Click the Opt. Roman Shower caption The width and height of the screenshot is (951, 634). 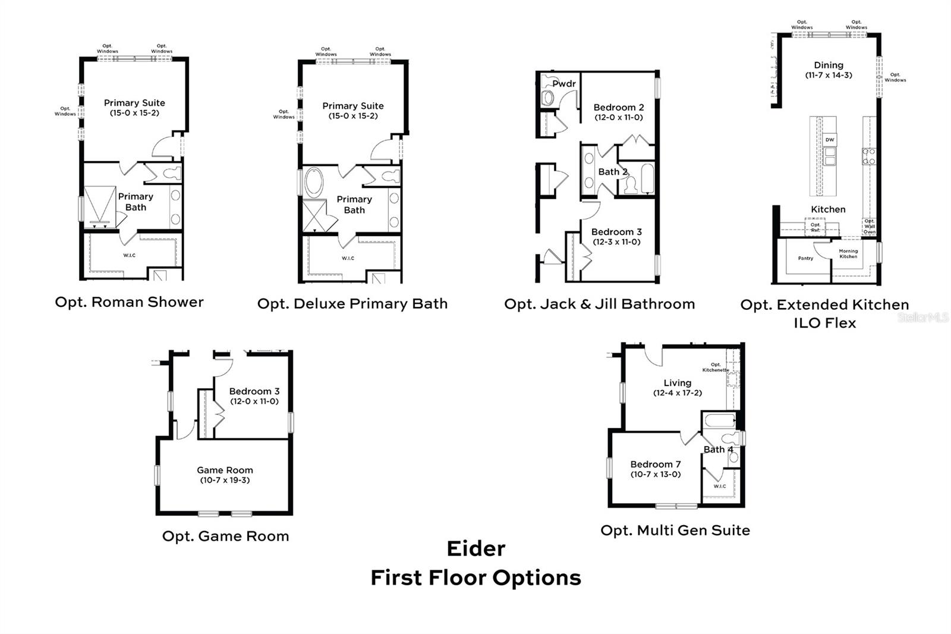(x=129, y=302)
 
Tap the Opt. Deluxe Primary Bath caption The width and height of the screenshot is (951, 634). (x=352, y=304)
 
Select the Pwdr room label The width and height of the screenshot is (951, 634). (x=563, y=84)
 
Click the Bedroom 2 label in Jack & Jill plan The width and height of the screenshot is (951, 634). (x=618, y=108)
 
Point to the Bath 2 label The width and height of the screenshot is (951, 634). (x=612, y=172)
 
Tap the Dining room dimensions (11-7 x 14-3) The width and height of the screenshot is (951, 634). (x=829, y=76)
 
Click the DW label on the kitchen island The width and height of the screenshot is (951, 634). (x=830, y=140)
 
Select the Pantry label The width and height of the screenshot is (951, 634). (x=805, y=258)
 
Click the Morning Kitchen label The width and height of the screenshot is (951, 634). (x=848, y=253)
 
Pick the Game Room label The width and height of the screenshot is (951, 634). (x=225, y=470)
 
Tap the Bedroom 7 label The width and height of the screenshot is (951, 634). (x=656, y=464)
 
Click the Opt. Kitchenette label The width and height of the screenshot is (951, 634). (x=715, y=368)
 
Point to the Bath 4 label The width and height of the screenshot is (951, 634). (x=718, y=450)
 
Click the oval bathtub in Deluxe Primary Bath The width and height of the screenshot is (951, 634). (x=314, y=183)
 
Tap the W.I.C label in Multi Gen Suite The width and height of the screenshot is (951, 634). (x=719, y=487)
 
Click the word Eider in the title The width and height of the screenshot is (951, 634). (x=475, y=548)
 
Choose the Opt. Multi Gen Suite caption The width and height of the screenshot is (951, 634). (x=675, y=531)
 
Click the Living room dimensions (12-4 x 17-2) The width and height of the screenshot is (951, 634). (x=677, y=393)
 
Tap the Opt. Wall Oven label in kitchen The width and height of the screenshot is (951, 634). (x=869, y=226)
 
